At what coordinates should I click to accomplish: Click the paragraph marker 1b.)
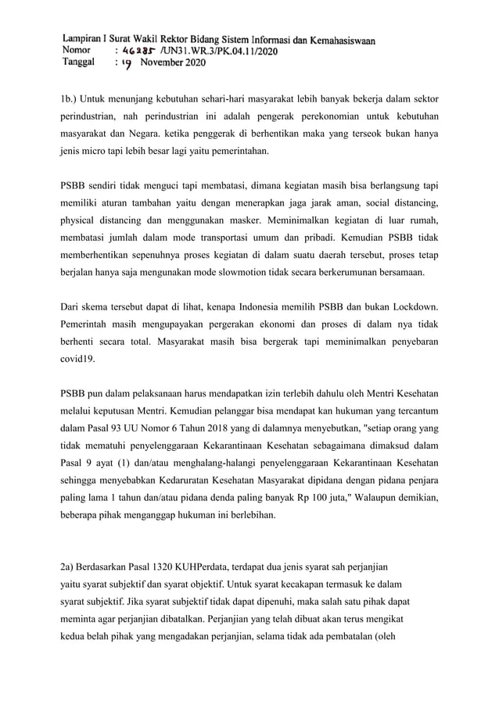70,99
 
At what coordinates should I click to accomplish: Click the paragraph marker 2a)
68,565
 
